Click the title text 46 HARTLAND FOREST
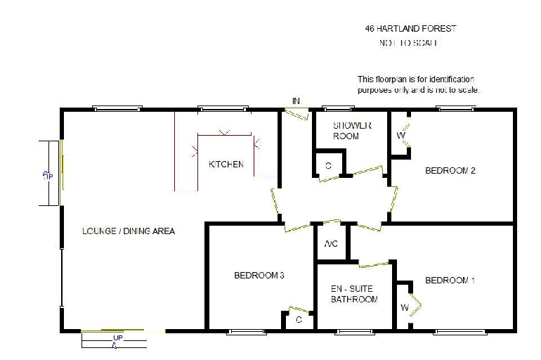pyautogui.click(x=410, y=29)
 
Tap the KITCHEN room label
pyautogui.click(x=226, y=165)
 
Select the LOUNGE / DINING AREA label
pyautogui.click(x=129, y=231)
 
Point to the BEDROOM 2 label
pyautogui.click(x=451, y=171)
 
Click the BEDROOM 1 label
pyautogui.click(x=450, y=281)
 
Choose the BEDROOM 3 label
pyautogui.click(x=259, y=276)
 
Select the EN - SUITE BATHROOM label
pyautogui.click(x=354, y=294)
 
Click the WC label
pyautogui.click(x=332, y=245)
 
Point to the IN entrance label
pyautogui.click(x=296, y=101)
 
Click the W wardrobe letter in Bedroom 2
pyautogui.click(x=400, y=135)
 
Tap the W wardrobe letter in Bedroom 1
pyautogui.click(x=405, y=307)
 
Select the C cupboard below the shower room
pyautogui.click(x=328, y=166)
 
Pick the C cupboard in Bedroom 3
pyautogui.click(x=299, y=320)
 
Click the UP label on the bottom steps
pyautogui.click(x=117, y=338)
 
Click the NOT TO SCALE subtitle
pyautogui.click(x=408, y=43)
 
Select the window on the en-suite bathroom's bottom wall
pyautogui.click(x=353, y=331)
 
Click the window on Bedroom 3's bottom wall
pyautogui.click(x=246, y=331)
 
